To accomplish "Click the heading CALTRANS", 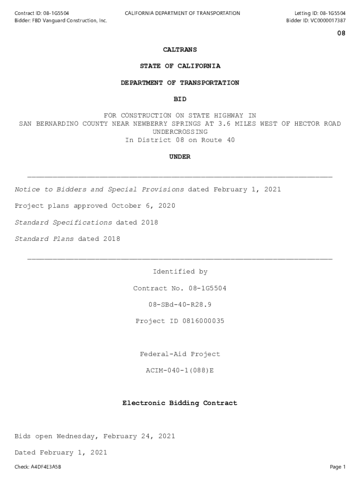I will (180, 50).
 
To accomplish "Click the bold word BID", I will (180, 99).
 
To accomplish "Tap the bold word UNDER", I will (180, 157).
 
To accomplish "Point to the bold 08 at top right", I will (341, 34).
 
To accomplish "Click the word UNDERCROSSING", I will (180, 132).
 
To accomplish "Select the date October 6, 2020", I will (143, 206).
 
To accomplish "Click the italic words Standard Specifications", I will (63, 222).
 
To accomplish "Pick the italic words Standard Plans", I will (44, 239).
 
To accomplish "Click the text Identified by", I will (180, 272).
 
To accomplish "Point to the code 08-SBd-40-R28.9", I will (180, 305).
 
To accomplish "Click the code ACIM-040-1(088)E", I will (180, 370).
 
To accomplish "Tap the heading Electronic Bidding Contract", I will (180, 403).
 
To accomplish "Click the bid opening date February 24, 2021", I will (139, 436).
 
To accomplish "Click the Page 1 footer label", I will (338, 467).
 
